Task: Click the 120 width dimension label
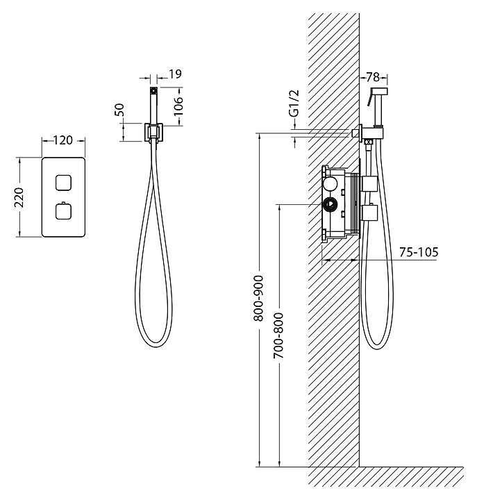pos(62,140)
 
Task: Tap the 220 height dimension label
pos(19,197)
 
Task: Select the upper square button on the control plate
pos(63,183)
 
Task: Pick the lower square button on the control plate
pos(63,211)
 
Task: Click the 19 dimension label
pos(175,74)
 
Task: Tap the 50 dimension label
pos(119,110)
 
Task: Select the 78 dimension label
pos(373,77)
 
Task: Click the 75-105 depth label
pos(419,252)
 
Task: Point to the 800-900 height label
pos(258,298)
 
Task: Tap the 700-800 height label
pos(278,335)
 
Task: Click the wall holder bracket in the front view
pos(153,133)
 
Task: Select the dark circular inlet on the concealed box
pos(330,204)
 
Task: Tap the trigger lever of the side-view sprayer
pos(370,97)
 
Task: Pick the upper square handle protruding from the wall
pos(370,184)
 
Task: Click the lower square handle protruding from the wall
pos(370,212)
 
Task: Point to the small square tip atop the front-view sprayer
pos(153,90)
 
